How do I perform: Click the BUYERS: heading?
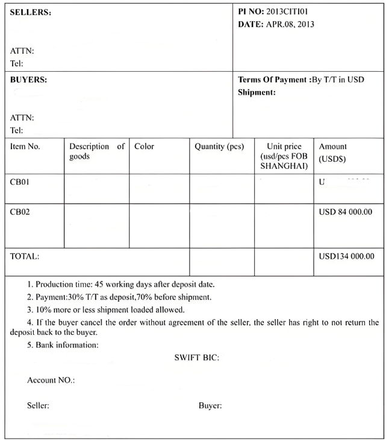pyautogui.click(x=29, y=80)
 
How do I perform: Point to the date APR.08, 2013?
pyautogui.click(x=290, y=25)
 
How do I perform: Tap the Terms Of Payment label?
pyautogui.click(x=273, y=80)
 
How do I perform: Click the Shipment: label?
pyautogui.click(x=257, y=92)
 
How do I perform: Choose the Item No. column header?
pyautogui.click(x=25, y=147)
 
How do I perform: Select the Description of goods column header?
pyautogui.click(x=96, y=151)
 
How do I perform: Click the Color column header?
pyautogui.click(x=145, y=147)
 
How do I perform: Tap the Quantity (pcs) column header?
pyautogui.click(x=219, y=147)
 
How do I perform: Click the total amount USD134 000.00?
pyautogui.click(x=347, y=256)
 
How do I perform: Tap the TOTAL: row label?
pyautogui.click(x=25, y=256)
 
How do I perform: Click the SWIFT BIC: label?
pyautogui.click(x=197, y=358)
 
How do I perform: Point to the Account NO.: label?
pyautogui.click(x=51, y=381)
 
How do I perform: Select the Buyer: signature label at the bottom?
pyautogui.click(x=210, y=405)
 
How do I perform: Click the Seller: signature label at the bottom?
pyautogui.click(x=39, y=405)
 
